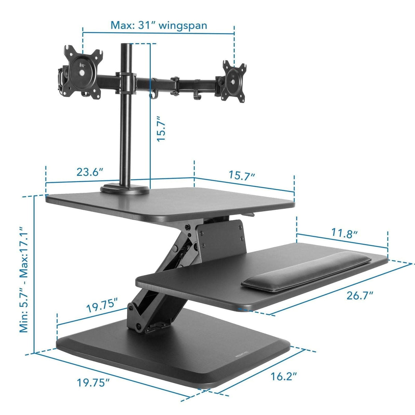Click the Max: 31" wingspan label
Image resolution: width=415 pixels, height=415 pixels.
pyautogui.click(x=159, y=25)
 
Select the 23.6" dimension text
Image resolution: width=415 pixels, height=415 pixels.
pyautogui.click(x=90, y=172)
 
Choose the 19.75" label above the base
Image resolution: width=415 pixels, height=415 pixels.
pyautogui.click(x=102, y=305)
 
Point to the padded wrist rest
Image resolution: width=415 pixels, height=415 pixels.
pyautogui.click(x=306, y=272)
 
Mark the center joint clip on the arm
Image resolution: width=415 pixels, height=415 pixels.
pyautogui.click(x=176, y=84)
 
